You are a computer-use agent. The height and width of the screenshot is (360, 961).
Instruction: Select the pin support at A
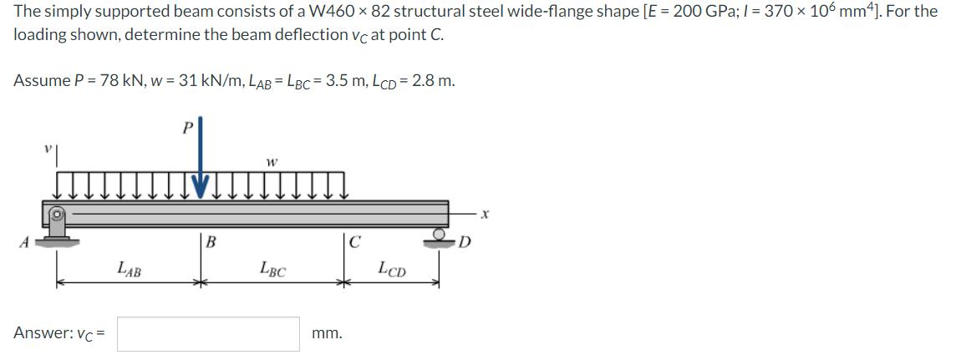(x=58, y=225)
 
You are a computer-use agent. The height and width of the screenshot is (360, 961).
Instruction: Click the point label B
(x=211, y=244)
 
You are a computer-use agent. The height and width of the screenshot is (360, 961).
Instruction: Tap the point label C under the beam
(x=355, y=244)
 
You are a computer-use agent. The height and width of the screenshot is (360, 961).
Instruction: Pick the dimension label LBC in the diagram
(x=272, y=270)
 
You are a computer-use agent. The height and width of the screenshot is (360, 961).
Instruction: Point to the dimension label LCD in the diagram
(x=391, y=270)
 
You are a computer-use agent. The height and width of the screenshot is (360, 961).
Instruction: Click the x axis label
(x=484, y=216)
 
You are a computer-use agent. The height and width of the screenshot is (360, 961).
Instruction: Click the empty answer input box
(x=208, y=333)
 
